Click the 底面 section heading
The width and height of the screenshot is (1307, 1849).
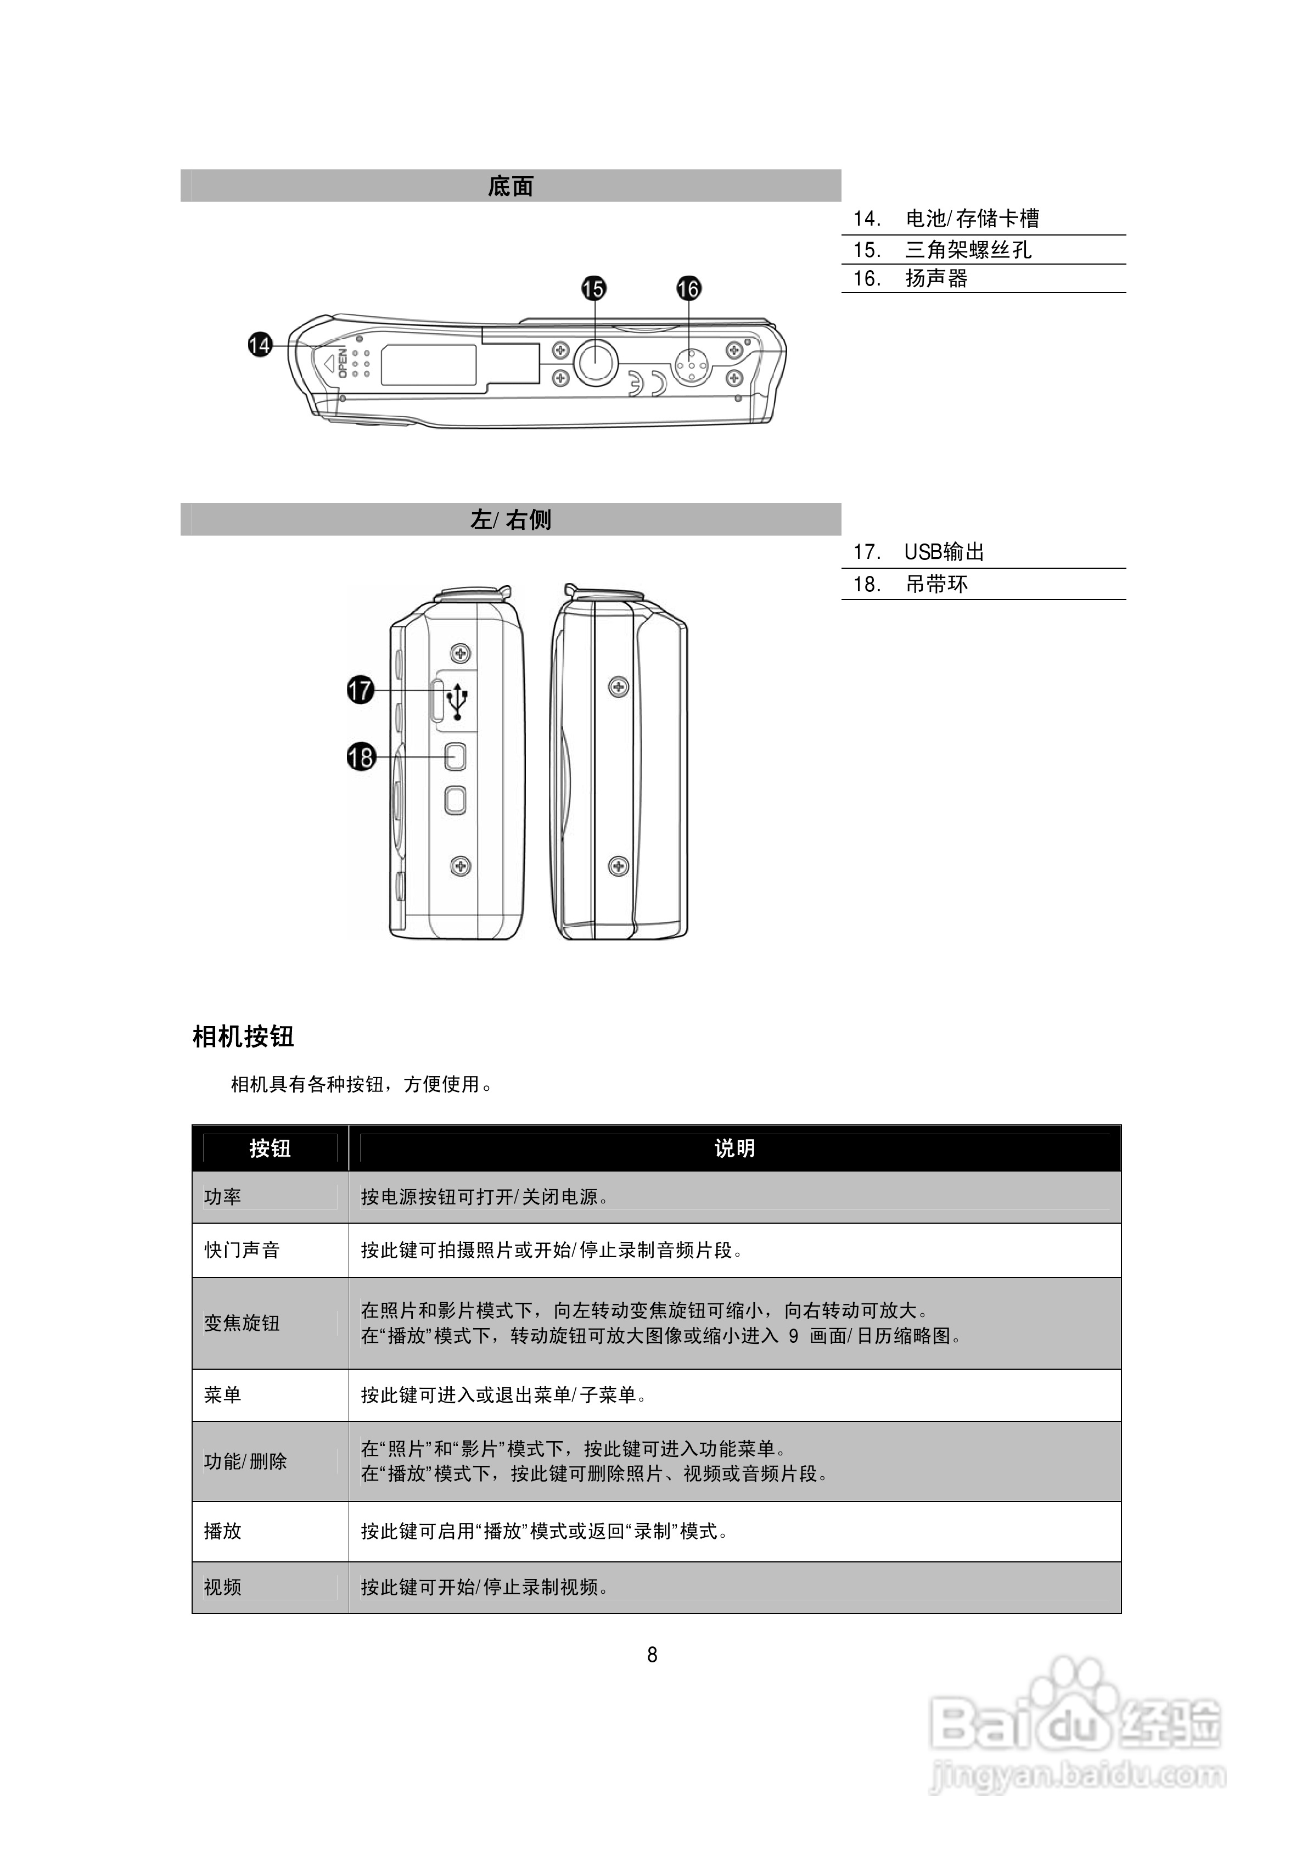(511, 186)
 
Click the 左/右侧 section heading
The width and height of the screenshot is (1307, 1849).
(511, 519)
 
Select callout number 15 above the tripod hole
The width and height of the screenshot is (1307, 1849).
(593, 288)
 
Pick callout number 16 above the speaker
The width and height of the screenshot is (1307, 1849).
(688, 288)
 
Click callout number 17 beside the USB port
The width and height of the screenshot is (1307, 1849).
(361, 690)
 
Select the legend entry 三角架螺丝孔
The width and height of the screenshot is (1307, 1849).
(968, 250)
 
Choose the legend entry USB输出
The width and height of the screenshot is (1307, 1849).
(944, 552)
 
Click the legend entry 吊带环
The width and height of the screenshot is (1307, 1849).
(936, 584)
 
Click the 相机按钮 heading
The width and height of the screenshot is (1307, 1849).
(243, 1036)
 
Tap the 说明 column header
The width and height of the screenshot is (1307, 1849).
(734, 1148)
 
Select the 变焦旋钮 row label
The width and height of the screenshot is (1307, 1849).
(242, 1323)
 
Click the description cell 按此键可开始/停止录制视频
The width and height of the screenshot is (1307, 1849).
(485, 1587)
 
